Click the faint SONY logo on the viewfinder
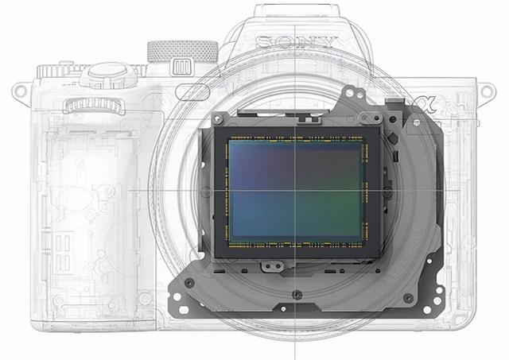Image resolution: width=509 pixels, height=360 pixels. coord(296,42)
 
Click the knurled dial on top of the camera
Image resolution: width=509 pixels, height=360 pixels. coord(183,51)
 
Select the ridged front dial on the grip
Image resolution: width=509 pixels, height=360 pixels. coord(94,106)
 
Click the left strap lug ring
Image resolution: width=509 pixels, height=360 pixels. coord(19,91)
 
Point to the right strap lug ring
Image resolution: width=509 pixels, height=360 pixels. coord(486,91)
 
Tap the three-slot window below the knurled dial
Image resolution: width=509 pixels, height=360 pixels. coord(181,68)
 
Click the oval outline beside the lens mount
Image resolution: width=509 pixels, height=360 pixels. coord(192,92)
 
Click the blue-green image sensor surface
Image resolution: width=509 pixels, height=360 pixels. coord(295,191)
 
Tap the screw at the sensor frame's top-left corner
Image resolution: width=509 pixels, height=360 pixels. coord(217,119)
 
